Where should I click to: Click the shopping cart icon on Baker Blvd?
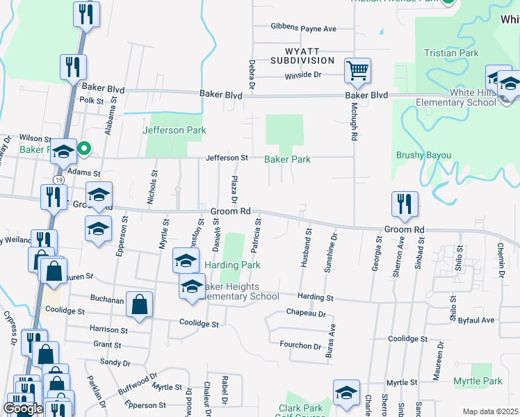[357, 69]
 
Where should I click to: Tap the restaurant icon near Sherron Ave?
[405, 204]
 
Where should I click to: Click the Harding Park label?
[232, 265]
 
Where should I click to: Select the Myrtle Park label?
[478, 382]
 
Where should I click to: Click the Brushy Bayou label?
[423, 155]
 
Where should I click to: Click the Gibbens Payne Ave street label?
[304, 28]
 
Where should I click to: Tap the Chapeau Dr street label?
[306, 314]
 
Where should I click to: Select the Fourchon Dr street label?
[302, 346]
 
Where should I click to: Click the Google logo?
[23, 408]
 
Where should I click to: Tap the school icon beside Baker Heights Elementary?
[192, 286]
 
